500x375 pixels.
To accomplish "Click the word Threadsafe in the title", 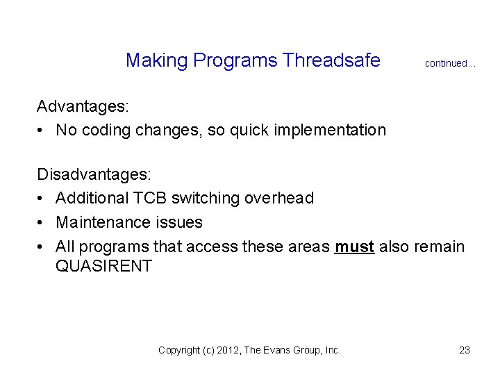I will [332, 61].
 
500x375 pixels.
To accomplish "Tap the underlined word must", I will [355, 247].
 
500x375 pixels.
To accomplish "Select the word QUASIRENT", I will [103, 266].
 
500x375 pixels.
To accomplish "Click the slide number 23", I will [465, 350].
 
